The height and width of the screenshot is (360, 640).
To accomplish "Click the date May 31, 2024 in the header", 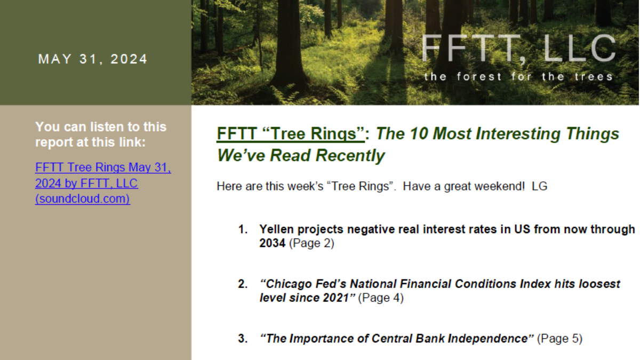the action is point(93,59).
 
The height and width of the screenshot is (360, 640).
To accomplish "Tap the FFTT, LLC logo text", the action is point(518,48).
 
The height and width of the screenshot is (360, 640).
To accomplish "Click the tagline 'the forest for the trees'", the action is point(518,77).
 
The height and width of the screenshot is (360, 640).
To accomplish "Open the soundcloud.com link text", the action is point(83,198).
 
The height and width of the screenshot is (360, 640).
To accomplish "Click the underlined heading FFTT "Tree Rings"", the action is point(291,133).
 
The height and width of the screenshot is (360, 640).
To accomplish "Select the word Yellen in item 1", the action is point(277,229).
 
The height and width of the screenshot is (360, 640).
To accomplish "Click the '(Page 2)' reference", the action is point(311,243).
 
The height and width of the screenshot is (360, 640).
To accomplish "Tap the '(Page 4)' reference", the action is point(381,298).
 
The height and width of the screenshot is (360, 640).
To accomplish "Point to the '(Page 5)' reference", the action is point(559,339).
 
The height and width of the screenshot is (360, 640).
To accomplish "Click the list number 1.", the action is point(243,229).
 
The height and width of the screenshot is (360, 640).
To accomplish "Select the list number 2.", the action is point(243,284).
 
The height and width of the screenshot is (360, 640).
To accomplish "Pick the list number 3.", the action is point(243,339).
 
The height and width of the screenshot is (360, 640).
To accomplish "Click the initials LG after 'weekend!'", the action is point(539,186).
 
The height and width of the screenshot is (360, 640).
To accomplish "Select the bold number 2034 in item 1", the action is point(273,243).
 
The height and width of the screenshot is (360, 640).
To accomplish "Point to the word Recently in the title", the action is point(350,155).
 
